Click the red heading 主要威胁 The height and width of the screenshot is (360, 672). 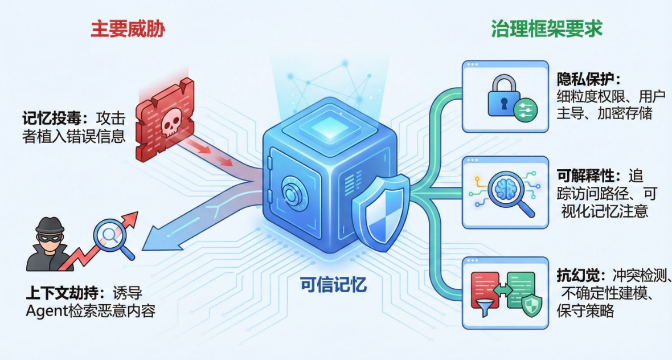tap(128, 28)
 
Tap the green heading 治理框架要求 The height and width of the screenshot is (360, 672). tap(547, 28)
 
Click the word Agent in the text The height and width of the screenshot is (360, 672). tap(46, 312)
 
